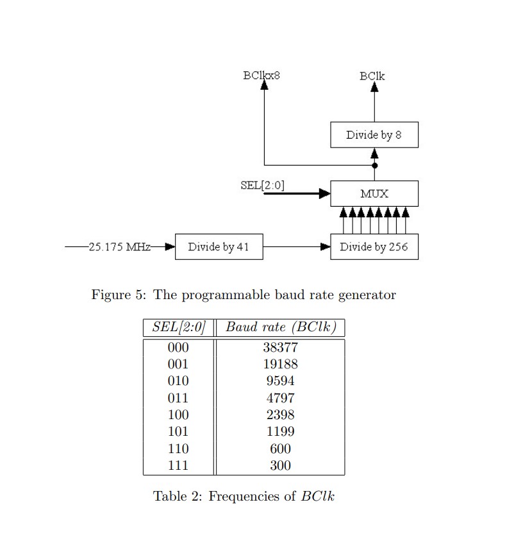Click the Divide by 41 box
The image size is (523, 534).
click(x=219, y=247)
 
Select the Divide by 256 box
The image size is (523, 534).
click(x=374, y=247)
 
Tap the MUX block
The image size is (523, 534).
click(x=374, y=193)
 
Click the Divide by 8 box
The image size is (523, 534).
click(x=374, y=135)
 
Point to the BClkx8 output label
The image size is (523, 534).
click(x=261, y=75)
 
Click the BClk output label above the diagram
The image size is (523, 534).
click(x=372, y=76)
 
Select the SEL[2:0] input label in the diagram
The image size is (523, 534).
click(x=262, y=185)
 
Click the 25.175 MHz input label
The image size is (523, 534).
click(x=119, y=246)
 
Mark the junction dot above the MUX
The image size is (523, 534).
click(x=374, y=166)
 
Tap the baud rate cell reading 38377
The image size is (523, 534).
click(x=280, y=348)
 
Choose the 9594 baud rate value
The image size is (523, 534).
click(x=280, y=381)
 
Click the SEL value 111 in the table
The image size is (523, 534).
click(x=178, y=465)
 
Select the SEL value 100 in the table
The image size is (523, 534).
click(x=178, y=415)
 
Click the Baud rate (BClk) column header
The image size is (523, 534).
click(x=281, y=327)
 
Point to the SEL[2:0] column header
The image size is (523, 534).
click(x=178, y=327)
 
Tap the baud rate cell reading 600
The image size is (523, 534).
click(x=280, y=449)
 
